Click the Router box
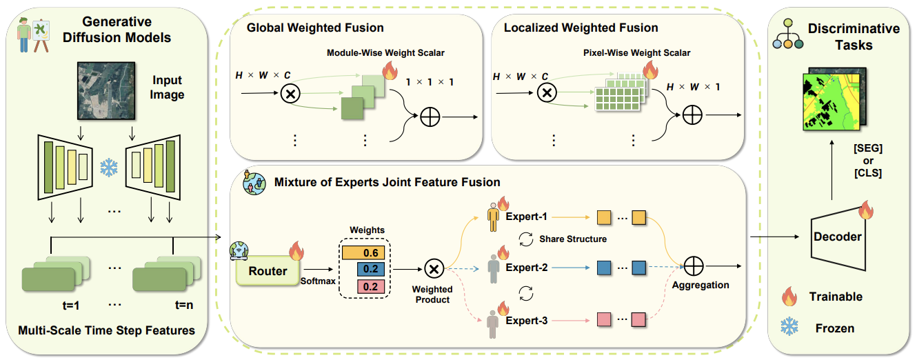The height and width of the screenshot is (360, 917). [x=268, y=271]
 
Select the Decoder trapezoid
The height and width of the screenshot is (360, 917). [x=838, y=237]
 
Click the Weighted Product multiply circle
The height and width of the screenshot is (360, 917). [x=433, y=268]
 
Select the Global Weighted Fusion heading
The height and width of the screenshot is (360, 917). [x=315, y=28]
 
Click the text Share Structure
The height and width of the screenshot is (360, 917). [x=573, y=239]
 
